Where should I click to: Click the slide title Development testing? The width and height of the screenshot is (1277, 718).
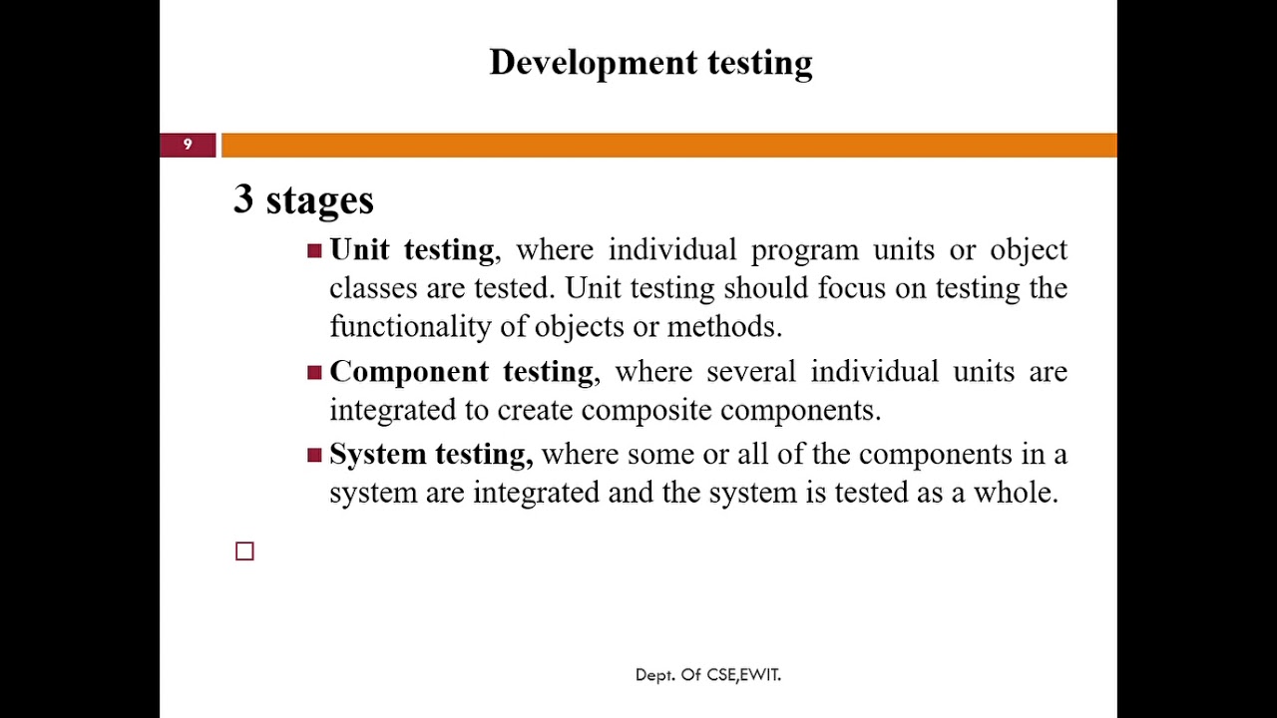point(650,62)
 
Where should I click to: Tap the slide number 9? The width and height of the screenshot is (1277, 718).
point(188,145)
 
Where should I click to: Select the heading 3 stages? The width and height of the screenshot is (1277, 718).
point(303,199)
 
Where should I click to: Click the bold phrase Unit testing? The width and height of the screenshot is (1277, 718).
point(411,249)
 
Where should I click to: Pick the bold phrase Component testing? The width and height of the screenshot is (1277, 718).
point(461,372)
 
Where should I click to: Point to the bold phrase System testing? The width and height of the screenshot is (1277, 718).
point(430,455)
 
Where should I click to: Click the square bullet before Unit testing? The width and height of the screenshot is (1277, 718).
point(314,250)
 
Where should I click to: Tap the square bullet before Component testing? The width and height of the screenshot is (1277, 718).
point(314,373)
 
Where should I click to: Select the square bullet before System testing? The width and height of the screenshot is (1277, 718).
point(314,456)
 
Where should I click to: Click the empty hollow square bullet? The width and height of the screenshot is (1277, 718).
point(244,551)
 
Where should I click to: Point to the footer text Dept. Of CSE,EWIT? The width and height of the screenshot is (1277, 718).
point(707,675)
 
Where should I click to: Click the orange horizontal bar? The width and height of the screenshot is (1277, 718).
point(668,146)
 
